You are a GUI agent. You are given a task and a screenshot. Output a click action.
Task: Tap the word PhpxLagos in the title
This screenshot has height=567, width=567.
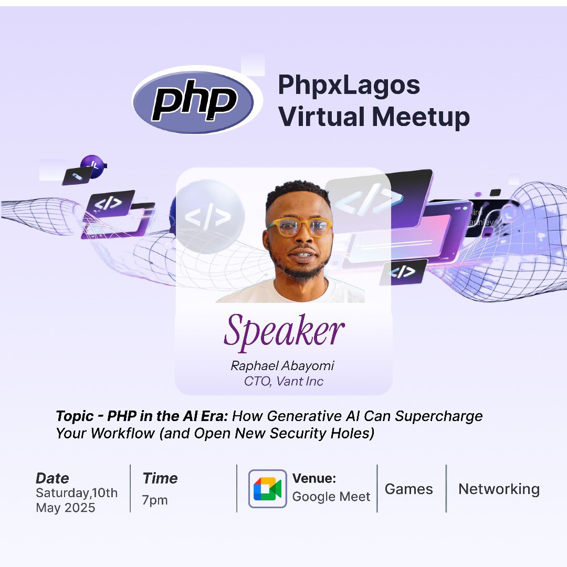pyautogui.click(x=349, y=85)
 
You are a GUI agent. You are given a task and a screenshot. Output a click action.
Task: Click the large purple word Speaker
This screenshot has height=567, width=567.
pyautogui.click(x=284, y=331)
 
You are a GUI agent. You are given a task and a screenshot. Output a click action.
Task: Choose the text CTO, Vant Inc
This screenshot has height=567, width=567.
pyautogui.click(x=283, y=381)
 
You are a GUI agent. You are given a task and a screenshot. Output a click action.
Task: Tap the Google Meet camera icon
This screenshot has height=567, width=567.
pyautogui.click(x=267, y=489)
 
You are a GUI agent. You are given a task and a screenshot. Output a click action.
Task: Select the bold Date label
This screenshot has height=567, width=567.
pyautogui.click(x=52, y=478)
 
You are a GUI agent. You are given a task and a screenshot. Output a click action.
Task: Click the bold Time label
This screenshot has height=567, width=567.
pyautogui.click(x=160, y=478)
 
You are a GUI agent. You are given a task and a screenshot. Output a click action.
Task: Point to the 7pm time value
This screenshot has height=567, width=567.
pyautogui.click(x=154, y=500)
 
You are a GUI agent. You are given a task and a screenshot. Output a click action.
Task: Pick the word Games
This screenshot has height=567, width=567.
pyautogui.click(x=408, y=489)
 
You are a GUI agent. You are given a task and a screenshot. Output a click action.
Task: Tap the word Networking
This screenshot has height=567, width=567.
pyautogui.click(x=499, y=489)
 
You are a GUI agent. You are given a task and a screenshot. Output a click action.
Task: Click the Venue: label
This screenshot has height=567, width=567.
pyautogui.click(x=314, y=478)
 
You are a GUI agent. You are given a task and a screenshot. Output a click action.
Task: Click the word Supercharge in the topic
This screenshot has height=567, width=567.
pyautogui.click(x=439, y=416)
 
